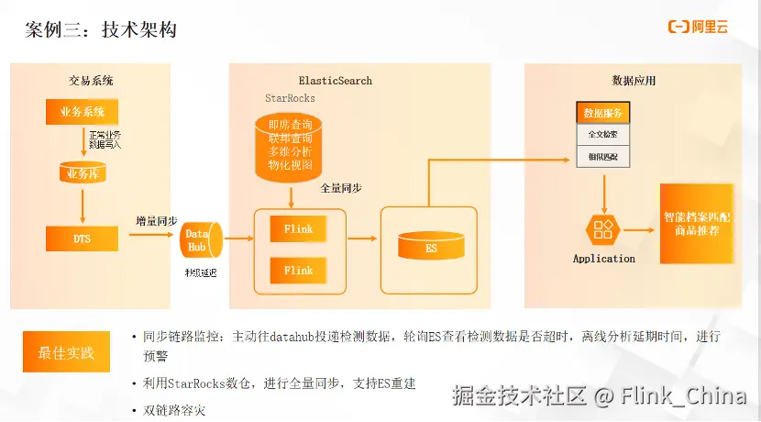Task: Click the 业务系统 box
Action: [x=83, y=112]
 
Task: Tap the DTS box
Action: [x=83, y=238]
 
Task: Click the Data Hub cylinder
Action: [x=199, y=240]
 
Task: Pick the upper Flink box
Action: [x=298, y=228]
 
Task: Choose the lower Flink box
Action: [x=298, y=271]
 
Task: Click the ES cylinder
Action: [x=431, y=245]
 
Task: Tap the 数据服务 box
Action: [x=602, y=113]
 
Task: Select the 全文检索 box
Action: [x=602, y=135]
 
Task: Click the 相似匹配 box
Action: [x=602, y=157]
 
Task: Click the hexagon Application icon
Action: [x=603, y=229]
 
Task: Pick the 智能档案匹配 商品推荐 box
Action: [x=696, y=224]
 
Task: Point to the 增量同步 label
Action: [x=156, y=221]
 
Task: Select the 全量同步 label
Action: [x=340, y=188]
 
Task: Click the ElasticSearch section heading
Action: [x=336, y=81]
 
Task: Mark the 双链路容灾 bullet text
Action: [x=174, y=410]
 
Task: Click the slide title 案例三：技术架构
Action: [x=101, y=30]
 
